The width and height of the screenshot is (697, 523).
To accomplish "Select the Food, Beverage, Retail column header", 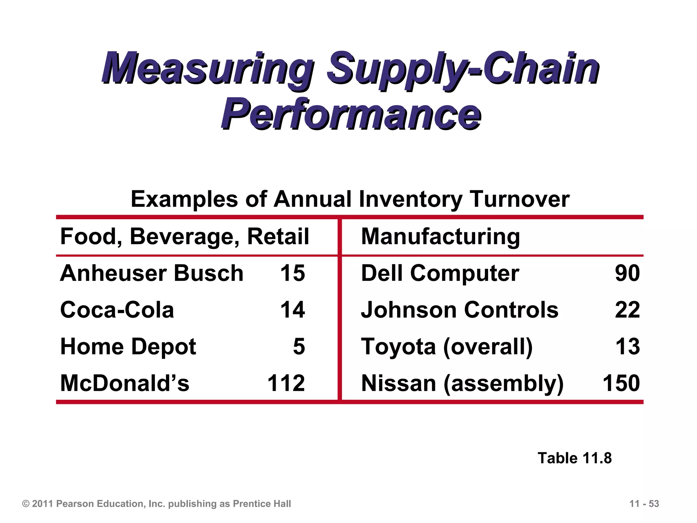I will coord(184,236).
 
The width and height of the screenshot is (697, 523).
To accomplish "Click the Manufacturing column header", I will coord(440,236).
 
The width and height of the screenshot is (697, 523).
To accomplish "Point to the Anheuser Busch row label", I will coord(152,273).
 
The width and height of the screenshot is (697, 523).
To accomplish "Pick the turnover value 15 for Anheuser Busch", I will coord(292,273).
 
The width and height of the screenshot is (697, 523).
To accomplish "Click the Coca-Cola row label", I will coord(117,310).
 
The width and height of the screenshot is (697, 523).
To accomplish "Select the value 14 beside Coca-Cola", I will coord(292,310).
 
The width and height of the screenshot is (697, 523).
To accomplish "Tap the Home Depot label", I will coord(128,347).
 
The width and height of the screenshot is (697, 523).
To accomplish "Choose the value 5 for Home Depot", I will coord(299,347).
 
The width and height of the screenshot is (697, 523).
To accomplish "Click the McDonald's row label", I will coord(125,383).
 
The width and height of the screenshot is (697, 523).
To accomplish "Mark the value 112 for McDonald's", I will coord(286,383).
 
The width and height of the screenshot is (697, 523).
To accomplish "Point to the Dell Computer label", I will coord(440,273).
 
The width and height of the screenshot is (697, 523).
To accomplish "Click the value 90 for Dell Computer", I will coord(627,273).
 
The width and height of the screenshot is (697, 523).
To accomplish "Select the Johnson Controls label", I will coord(459,310).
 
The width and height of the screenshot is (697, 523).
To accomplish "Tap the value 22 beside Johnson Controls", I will coord(627,310).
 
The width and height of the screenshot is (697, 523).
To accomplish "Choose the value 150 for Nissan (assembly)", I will coord(621,383).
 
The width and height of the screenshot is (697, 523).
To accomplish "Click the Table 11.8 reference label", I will coord(574,458).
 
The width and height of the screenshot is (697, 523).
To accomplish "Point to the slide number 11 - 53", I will coord(644,504).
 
